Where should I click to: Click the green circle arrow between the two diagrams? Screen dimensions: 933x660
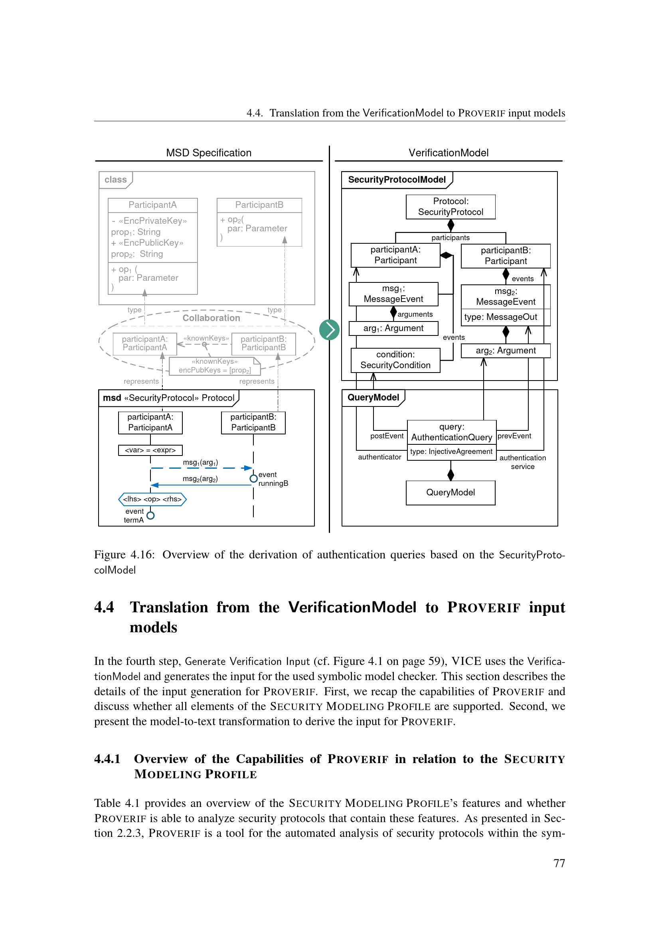click(329, 329)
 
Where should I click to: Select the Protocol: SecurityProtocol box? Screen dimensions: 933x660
click(450, 207)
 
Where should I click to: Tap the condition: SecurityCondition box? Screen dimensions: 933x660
click(395, 360)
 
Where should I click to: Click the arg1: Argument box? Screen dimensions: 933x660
click(393, 328)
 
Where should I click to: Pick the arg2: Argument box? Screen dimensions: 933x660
click(505, 351)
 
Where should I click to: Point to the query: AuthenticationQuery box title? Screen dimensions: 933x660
click(451, 432)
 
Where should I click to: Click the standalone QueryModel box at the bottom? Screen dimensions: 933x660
click(450, 493)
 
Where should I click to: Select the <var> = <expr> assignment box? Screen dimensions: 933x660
click(150, 450)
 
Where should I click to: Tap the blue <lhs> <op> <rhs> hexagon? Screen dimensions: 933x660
click(152, 499)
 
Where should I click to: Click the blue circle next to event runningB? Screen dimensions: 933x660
click(254, 479)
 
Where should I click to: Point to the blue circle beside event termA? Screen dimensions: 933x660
click(150, 516)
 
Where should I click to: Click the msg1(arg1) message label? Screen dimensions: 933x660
click(200, 462)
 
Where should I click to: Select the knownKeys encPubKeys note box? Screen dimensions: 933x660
click(215, 366)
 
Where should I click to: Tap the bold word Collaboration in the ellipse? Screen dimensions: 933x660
click(211, 318)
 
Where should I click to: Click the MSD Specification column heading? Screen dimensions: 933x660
click(208, 153)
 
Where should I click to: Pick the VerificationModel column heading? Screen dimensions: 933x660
click(448, 153)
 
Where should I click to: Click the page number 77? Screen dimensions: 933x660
click(559, 863)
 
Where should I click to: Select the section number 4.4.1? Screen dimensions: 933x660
click(107, 759)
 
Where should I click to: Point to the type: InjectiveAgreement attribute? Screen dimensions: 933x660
click(451, 452)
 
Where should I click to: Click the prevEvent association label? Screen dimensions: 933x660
click(514, 436)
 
